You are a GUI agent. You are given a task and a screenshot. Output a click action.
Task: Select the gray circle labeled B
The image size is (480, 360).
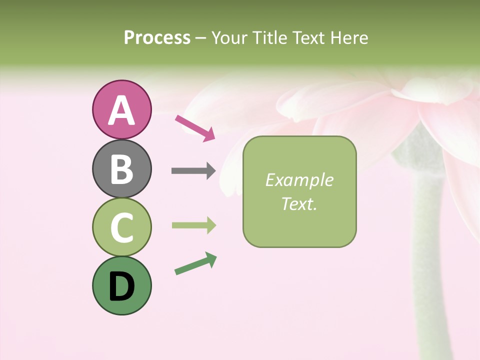121,169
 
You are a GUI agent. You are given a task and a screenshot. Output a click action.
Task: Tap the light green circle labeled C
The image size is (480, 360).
121,227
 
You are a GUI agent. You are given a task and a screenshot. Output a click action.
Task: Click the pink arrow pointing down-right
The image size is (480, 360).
195,128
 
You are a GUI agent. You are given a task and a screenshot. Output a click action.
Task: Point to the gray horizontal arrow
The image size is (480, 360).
193,171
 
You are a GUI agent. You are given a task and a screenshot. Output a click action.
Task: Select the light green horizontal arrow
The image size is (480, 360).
193,225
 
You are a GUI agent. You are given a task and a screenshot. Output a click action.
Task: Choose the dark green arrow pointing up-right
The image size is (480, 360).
195,263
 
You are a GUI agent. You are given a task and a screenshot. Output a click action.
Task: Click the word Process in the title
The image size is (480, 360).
157,38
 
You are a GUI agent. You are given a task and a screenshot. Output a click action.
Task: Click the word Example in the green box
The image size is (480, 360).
299,180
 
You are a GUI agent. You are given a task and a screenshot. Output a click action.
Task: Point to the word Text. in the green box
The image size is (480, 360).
299,203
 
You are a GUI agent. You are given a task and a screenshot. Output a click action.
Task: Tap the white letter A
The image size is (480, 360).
121,110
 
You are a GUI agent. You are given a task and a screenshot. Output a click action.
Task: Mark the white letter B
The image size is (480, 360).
121,169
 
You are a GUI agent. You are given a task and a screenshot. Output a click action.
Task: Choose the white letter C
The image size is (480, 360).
121,227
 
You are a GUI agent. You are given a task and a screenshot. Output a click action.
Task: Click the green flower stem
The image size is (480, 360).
425,260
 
